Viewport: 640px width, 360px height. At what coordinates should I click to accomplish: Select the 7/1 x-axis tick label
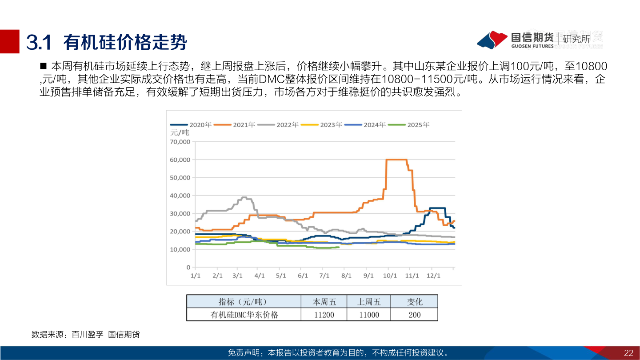click(324, 276)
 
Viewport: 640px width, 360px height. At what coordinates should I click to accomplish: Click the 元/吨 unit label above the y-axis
click(180, 132)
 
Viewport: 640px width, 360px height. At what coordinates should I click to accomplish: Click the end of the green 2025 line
click(339, 247)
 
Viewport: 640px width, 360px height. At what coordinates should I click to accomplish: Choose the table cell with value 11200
click(324, 315)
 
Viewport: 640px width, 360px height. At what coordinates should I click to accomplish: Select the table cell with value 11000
click(368, 315)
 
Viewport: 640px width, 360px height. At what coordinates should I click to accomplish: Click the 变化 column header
click(415, 302)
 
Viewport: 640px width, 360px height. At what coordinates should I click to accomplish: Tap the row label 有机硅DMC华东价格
click(244, 315)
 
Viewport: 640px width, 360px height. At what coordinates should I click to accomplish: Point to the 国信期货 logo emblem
click(492, 40)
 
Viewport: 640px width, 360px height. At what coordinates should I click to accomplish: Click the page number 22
click(628, 353)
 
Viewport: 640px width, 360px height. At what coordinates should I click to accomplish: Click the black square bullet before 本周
click(44, 66)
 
